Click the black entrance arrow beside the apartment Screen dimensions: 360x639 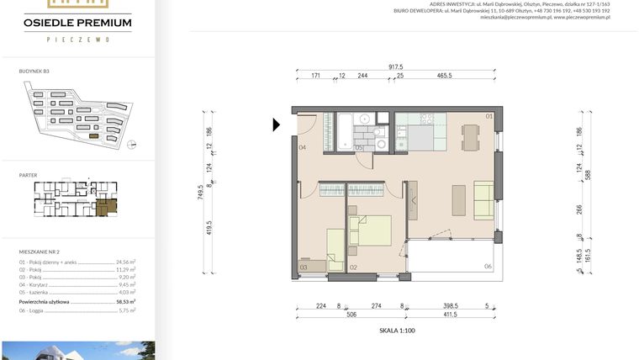277,125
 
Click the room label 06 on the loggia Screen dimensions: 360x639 488,266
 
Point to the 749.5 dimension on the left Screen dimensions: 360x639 201,193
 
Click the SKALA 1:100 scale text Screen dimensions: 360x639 397,331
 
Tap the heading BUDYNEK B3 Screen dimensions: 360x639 34,72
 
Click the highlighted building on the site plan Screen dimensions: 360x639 93,135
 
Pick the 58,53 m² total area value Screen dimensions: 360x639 127,300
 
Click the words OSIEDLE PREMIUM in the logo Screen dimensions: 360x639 77,22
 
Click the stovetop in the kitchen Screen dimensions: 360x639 362,120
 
